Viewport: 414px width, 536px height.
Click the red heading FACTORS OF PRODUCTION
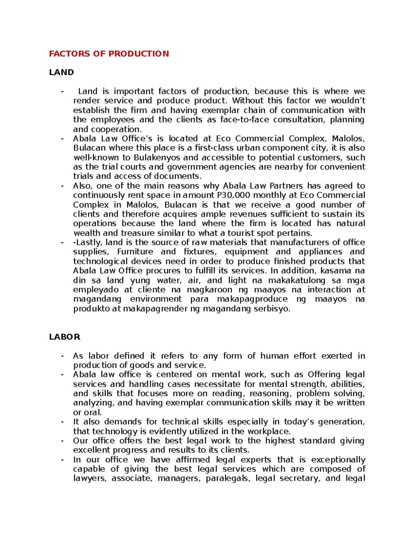click(109, 54)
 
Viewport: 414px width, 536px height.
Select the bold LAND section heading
click(61, 72)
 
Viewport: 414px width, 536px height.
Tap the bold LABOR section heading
click(65, 337)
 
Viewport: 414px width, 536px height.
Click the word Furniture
click(135, 252)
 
